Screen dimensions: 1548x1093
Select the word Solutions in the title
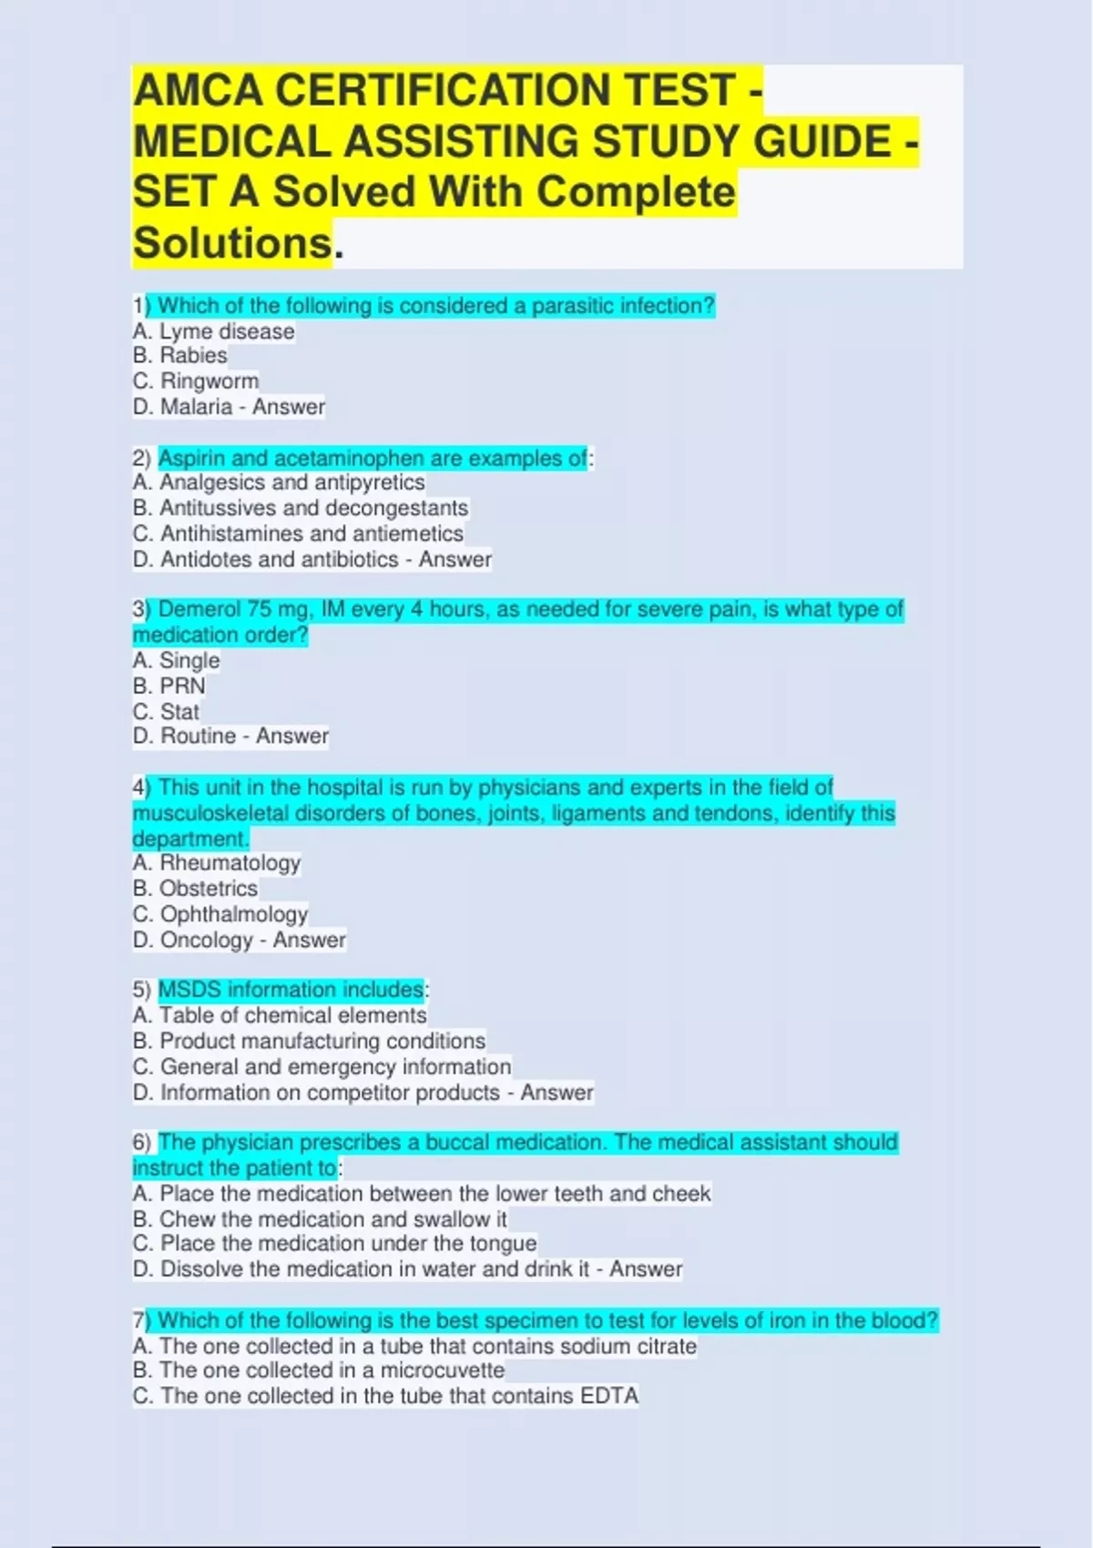(x=233, y=243)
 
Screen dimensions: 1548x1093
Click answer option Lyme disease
(x=227, y=331)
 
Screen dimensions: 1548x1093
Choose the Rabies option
(x=193, y=355)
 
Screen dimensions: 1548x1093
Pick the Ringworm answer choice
(x=209, y=381)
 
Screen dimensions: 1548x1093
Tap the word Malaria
(x=196, y=406)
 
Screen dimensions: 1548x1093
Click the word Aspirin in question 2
(x=191, y=458)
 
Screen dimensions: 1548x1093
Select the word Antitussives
(x=218, y=508)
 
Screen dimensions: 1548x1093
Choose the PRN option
(x=182, y=686)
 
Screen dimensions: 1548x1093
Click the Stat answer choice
(x=179, y=711)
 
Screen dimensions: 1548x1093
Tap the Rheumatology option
(x=230, y=862)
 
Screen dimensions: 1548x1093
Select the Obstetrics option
(x=209, y=888)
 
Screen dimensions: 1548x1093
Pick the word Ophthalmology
(x=234, y=913)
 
